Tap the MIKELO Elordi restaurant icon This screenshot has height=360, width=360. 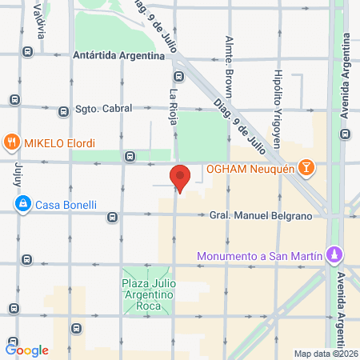click(11, 143)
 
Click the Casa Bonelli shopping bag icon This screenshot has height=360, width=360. click(24, 206)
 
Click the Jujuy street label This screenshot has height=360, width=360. click(18, 171)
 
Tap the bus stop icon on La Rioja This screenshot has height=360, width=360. click(178, 78)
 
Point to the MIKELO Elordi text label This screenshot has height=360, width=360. click(59, 143)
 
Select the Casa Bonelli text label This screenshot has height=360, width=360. click(66, 206)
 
